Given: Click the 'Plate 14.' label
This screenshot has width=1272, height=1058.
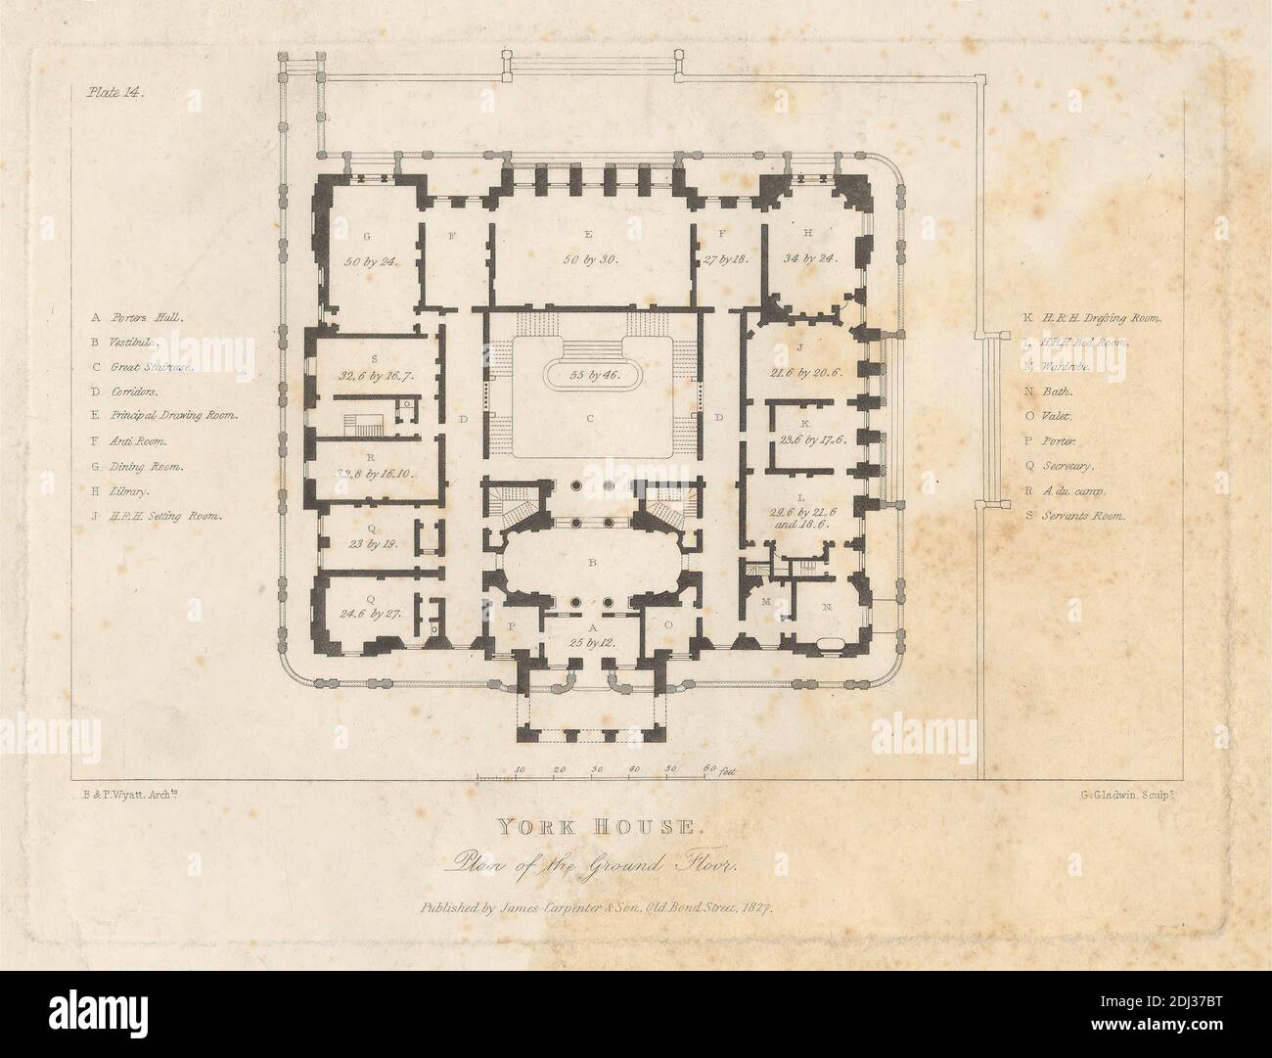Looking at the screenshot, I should [115, 94].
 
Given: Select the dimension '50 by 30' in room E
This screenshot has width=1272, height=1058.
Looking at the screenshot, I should [592, 260].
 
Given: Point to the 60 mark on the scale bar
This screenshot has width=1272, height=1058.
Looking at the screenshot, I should [708, 769].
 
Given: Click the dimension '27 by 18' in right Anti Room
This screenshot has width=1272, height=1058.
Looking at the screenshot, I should [725, 260].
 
